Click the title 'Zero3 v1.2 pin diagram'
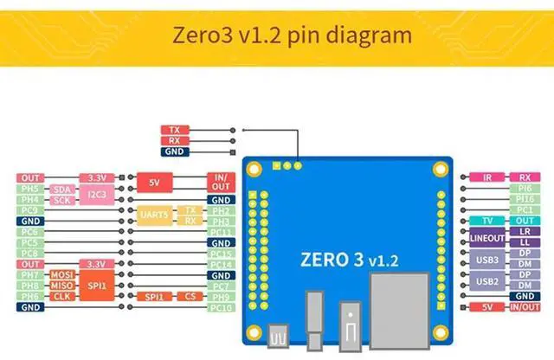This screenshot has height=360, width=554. coord(276,36)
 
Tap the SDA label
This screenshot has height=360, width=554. coord(61,189)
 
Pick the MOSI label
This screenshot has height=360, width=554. coord(61,274)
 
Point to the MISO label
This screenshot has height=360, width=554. coord(61,285)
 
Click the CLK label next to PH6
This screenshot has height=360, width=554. coord(61,296)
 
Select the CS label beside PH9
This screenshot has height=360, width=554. coord(190,297)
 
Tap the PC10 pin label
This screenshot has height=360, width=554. coord(222,307)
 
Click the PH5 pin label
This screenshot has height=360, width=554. coord(29,189)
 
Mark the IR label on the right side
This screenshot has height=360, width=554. coord(487,177)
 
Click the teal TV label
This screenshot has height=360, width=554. coord(487,221)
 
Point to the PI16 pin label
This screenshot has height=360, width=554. coord(525,199)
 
